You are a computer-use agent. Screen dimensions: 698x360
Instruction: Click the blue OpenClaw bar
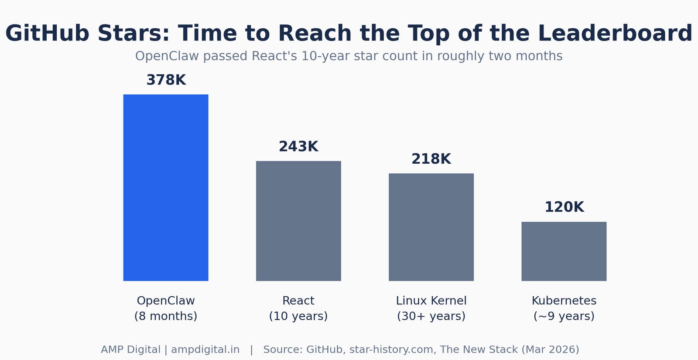tap(166, 188)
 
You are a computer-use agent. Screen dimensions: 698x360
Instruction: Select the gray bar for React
tap(298, 221)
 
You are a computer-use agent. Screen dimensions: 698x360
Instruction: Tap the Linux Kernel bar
tap(431, 227)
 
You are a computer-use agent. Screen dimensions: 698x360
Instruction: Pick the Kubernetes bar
tap(564, 251)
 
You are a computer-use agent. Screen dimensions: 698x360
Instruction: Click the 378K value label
tap(166, 80)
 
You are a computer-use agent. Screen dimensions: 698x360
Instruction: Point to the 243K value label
tap(298, 147)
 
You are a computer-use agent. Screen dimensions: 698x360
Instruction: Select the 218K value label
tap(431, 159)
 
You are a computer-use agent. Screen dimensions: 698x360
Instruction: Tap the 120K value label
tap(565, 207)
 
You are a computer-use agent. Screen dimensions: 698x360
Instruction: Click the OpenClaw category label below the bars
tap(166, 301)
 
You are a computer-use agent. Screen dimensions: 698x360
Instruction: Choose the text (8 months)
tap(166, 316)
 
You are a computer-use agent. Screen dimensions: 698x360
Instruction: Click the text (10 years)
tap(298, 316)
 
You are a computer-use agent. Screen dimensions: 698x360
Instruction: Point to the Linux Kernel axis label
tap(431, 301)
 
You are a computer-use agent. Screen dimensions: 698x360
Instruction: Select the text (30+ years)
tap(431, 316)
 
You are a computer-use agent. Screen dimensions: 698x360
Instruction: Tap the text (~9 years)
tap(564, 316)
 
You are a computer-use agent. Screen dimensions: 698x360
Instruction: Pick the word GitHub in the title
tap(48, 33)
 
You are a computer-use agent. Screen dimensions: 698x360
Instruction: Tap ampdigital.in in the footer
tap(205, 350)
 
